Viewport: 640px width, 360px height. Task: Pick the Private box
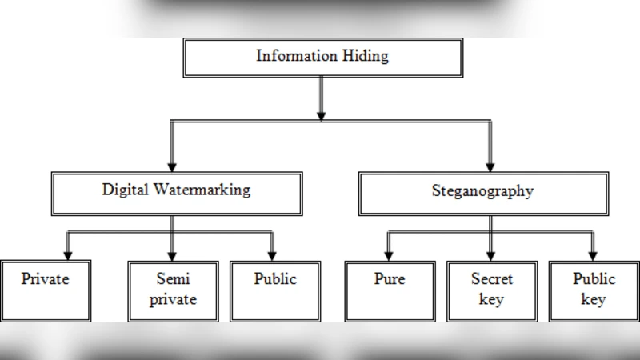(46, 290)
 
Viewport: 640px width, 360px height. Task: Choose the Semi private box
(173, 290)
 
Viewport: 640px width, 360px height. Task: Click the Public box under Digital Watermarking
(275, 290)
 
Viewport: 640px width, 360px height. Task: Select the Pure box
(390, 290)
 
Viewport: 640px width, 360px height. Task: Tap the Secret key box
(491, 290)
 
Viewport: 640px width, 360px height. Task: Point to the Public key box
(594, 290)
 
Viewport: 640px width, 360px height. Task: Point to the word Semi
(173, 280)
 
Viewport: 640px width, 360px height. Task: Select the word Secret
(492, 280)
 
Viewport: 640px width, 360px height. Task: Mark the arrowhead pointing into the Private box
(68, 254)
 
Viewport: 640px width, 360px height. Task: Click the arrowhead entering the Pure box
(390, 254)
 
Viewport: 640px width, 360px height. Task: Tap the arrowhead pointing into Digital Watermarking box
(171, 164)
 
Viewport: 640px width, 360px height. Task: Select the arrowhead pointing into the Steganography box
(490, 164)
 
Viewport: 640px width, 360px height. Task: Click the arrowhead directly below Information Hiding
(321, 115)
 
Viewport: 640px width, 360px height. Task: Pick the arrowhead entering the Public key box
(593, 254)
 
